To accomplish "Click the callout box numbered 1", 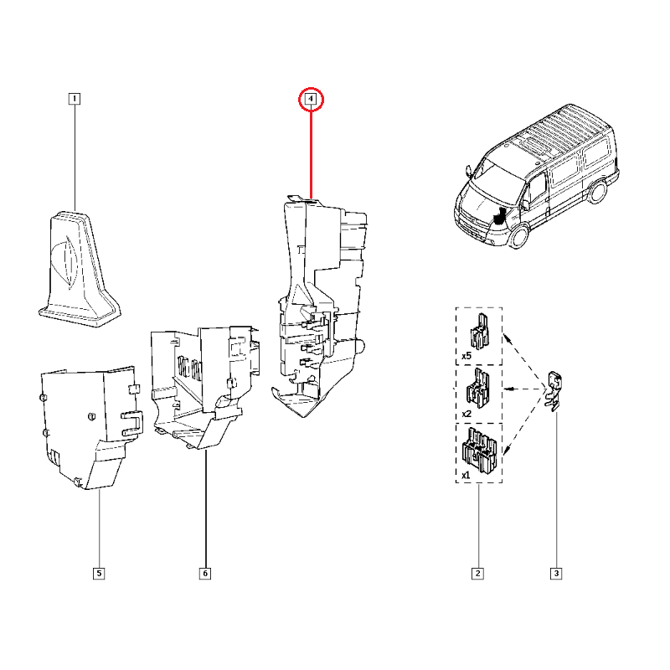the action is point(75,99).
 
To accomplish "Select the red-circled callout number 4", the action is point(311,99).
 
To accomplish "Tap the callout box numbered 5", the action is point(99,574).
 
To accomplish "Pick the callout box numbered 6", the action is point(205,574).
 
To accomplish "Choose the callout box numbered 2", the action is point(477,574).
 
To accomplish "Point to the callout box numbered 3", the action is point(556,574).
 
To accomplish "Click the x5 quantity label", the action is point(466,356).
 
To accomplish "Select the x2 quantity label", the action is point(466,414).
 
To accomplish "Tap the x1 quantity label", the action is point(466,475).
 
